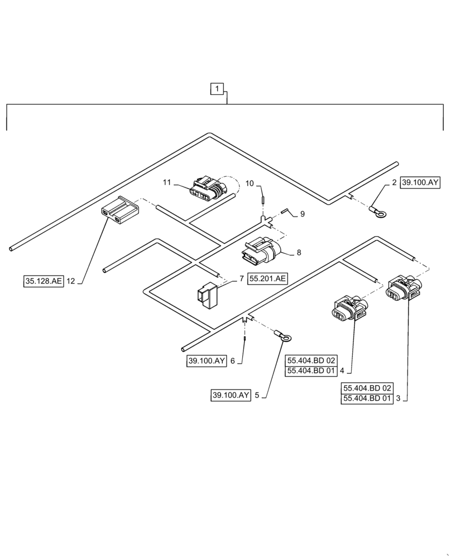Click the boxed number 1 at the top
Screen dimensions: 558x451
pos(217,88)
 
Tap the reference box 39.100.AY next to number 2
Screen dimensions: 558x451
pos(420,182)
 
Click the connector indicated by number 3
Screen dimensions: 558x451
pos(402,286)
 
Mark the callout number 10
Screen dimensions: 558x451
pos(250,183)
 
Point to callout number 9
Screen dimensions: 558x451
pos(302,214)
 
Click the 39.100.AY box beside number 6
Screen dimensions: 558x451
pos(207,361)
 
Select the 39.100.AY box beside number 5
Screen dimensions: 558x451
pos(231,395)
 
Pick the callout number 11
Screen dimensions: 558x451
pos(166,182)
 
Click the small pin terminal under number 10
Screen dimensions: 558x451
pos(262,199)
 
